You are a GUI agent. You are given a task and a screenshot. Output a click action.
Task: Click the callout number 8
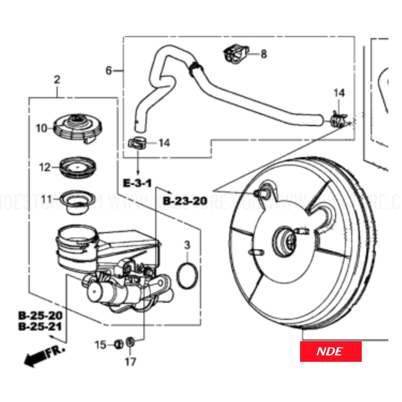[264, 53]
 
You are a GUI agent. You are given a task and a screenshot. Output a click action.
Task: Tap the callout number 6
[109, 71]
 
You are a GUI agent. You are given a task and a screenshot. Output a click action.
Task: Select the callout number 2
[57, 80]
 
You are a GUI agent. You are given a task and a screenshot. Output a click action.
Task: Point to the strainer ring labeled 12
[78, 167]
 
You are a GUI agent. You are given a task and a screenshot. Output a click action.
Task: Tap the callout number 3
[187, 245]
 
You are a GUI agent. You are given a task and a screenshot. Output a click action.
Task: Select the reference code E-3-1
[137, 183]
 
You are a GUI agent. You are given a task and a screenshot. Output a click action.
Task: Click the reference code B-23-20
[185, 201]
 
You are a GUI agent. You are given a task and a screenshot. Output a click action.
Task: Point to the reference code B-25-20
[40, 315]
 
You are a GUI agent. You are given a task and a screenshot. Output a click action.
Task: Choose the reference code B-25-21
[40, 326]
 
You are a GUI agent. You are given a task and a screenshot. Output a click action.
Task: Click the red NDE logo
[331, 351]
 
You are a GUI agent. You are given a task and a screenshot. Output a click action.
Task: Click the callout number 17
[130, 362]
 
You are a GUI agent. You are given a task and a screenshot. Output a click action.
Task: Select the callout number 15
[100, 345]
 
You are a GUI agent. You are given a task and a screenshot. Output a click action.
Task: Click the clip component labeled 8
[236, 53]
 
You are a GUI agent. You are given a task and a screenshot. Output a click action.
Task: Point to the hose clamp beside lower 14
[137, 143]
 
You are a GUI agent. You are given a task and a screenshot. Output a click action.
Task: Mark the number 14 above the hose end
[339, 93]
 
